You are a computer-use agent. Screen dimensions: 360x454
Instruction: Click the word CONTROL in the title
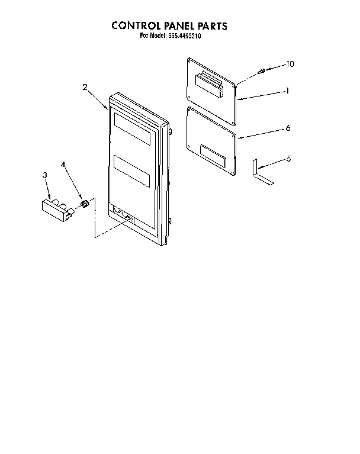click(136, 26)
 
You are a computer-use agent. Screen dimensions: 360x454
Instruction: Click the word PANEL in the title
click(179, 26)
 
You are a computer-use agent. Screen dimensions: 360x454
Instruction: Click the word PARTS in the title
click(213, 26)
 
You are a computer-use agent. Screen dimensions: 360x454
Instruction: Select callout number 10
click(290, 64)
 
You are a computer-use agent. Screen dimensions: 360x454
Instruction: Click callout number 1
click(287, 91)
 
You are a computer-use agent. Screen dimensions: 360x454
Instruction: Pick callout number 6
click(288, 128)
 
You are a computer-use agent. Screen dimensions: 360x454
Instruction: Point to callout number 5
click(289, 159)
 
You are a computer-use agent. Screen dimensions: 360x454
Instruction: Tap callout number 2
click(85, 87)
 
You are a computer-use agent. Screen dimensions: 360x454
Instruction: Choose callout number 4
click(63, 165)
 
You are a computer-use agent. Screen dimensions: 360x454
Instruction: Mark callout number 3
click(44, 175)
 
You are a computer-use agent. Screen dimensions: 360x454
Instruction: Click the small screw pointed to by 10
click(262, 70)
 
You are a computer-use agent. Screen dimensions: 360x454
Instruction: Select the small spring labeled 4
click(85, 204)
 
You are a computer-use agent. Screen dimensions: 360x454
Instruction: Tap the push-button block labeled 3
click(57, 210)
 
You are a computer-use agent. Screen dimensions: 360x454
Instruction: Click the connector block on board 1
click(210, 84)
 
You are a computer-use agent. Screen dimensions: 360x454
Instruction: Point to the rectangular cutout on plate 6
click(213, 156)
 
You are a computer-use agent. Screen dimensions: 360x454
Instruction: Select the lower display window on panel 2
click(132, 171)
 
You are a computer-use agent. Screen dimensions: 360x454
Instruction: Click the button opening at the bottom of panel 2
click(122, 214)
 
